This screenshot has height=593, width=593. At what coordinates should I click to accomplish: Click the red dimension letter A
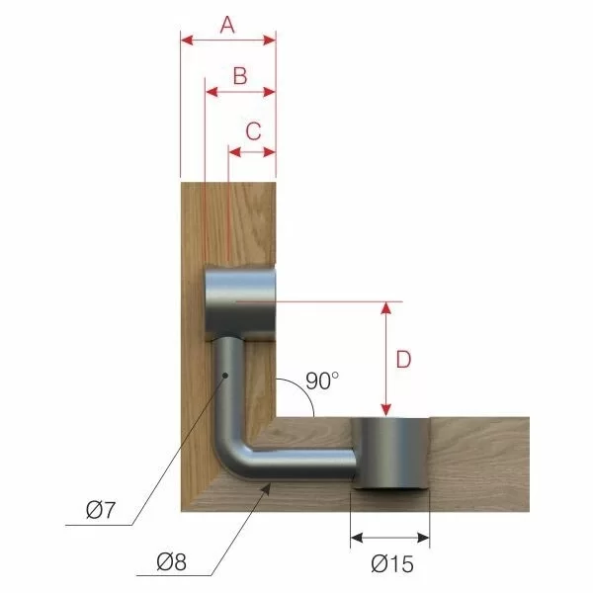click(x=227, y=25)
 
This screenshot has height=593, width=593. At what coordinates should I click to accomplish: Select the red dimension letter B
click(x=239, y=76)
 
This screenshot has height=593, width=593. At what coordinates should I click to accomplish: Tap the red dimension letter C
click(x=252, y=129)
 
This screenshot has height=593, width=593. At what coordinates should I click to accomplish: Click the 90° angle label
click(x=321, y=379)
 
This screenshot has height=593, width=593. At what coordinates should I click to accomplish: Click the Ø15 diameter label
click(x=392, y=565)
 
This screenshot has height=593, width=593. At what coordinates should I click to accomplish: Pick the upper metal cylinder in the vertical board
click(x=239, y=302)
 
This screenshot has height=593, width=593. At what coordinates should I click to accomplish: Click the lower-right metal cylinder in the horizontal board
click(x=391, y=454)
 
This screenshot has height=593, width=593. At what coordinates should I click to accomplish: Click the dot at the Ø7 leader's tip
click(x=225, y=375)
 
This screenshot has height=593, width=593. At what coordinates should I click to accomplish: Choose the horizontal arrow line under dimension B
click(x=239, y=92)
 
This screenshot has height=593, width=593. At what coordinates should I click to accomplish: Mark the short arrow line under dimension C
click(x=252, y=151)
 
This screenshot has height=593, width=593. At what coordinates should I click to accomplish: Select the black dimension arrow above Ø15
click(x=391, y=539)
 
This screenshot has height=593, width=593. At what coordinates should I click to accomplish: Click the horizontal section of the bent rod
click(x=306, y=462)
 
